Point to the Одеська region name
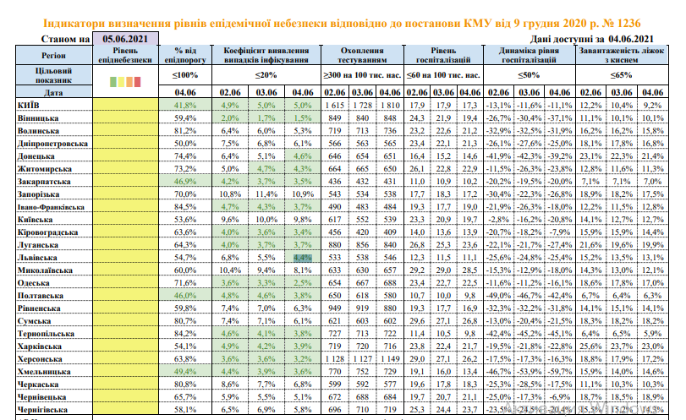(35, 281)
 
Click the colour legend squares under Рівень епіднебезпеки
(127, 82)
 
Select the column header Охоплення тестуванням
(361, 57)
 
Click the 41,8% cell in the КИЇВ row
(185, 105)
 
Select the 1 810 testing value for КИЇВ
(389, 105)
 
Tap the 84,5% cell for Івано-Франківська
(185, 206)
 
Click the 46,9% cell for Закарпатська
(185, 181)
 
